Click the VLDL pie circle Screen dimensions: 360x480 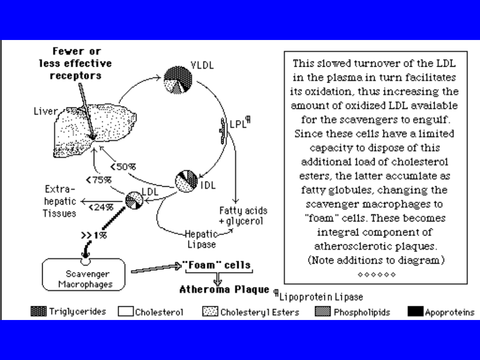178,80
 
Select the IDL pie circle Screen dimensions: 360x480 187,182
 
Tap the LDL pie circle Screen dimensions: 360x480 134,200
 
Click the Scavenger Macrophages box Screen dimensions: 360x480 84,275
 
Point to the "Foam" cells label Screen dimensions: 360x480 216,265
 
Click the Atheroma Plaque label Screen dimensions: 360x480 224,290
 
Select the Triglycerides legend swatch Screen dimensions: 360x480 39,312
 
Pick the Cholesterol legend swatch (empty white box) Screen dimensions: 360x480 125,312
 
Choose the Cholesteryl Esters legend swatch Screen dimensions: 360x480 210,312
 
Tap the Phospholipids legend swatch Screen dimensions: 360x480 323,312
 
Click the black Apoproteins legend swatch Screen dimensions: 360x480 415,312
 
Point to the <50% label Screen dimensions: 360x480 123,167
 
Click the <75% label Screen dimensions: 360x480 99,180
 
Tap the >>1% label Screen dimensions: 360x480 94,235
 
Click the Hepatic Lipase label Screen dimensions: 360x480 201,239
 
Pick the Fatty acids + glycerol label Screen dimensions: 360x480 241,216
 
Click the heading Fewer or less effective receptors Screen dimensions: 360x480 76,63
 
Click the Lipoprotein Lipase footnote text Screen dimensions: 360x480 321,297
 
